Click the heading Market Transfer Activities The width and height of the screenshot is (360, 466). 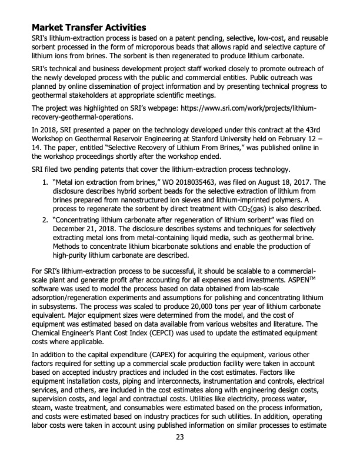coord(89,27)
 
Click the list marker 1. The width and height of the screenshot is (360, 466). coord(44,167)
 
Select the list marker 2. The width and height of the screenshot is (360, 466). coord(44,219)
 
